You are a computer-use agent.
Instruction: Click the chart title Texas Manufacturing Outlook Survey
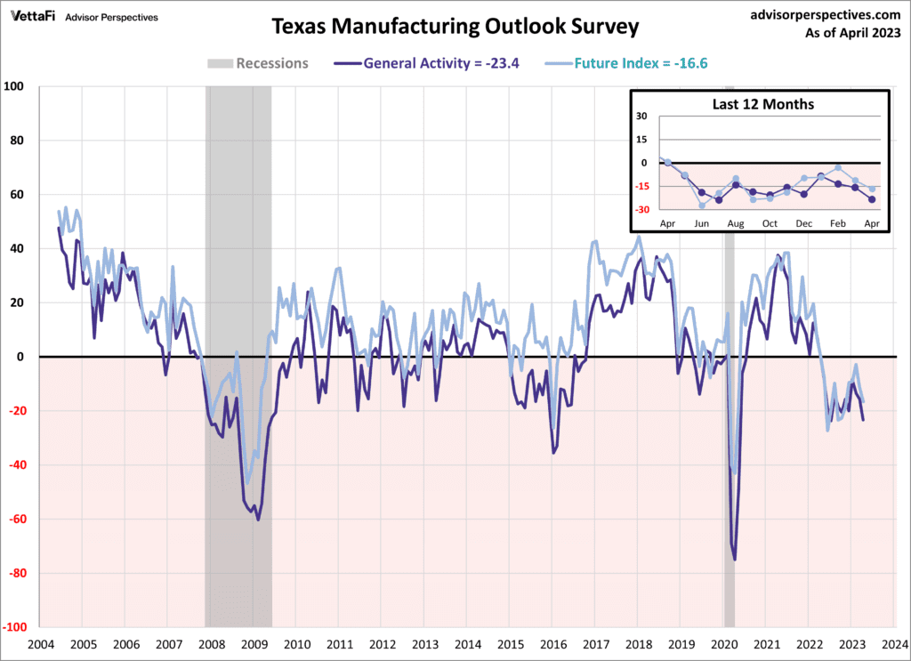point(455,27)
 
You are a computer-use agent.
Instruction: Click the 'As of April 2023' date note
point(851,34)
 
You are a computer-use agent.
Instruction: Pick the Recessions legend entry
point(258,63)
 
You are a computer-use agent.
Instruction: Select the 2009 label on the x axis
point(254,643)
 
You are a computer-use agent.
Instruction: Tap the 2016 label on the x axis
point(553,643)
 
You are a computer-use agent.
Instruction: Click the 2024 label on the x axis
point(895,643)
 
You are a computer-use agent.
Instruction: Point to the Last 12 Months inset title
point(762,104)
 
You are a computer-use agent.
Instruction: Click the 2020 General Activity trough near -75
point(735,560)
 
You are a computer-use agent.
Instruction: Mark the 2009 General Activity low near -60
point(258,520)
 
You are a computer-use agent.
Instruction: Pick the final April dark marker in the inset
point(872,199)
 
